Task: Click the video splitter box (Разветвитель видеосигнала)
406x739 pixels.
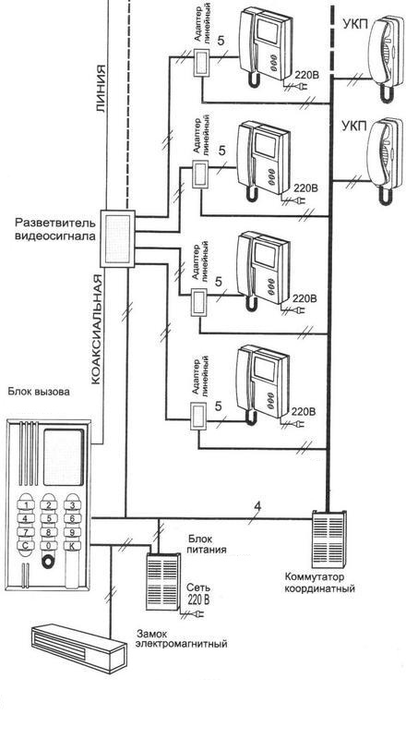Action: [118, 238]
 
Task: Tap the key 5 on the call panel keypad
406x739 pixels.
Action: [49, 519]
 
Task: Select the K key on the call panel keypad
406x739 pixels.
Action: [72, 546]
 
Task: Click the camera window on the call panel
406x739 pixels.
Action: [63, 457]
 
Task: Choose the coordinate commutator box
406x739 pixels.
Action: [328, 539]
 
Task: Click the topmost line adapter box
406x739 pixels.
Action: [202, 62]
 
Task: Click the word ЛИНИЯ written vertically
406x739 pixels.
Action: [101, 89]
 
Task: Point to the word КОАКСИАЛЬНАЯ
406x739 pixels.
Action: [96, 329]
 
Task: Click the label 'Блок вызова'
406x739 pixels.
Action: [39, 392]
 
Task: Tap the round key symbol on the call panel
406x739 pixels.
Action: [48, 563]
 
